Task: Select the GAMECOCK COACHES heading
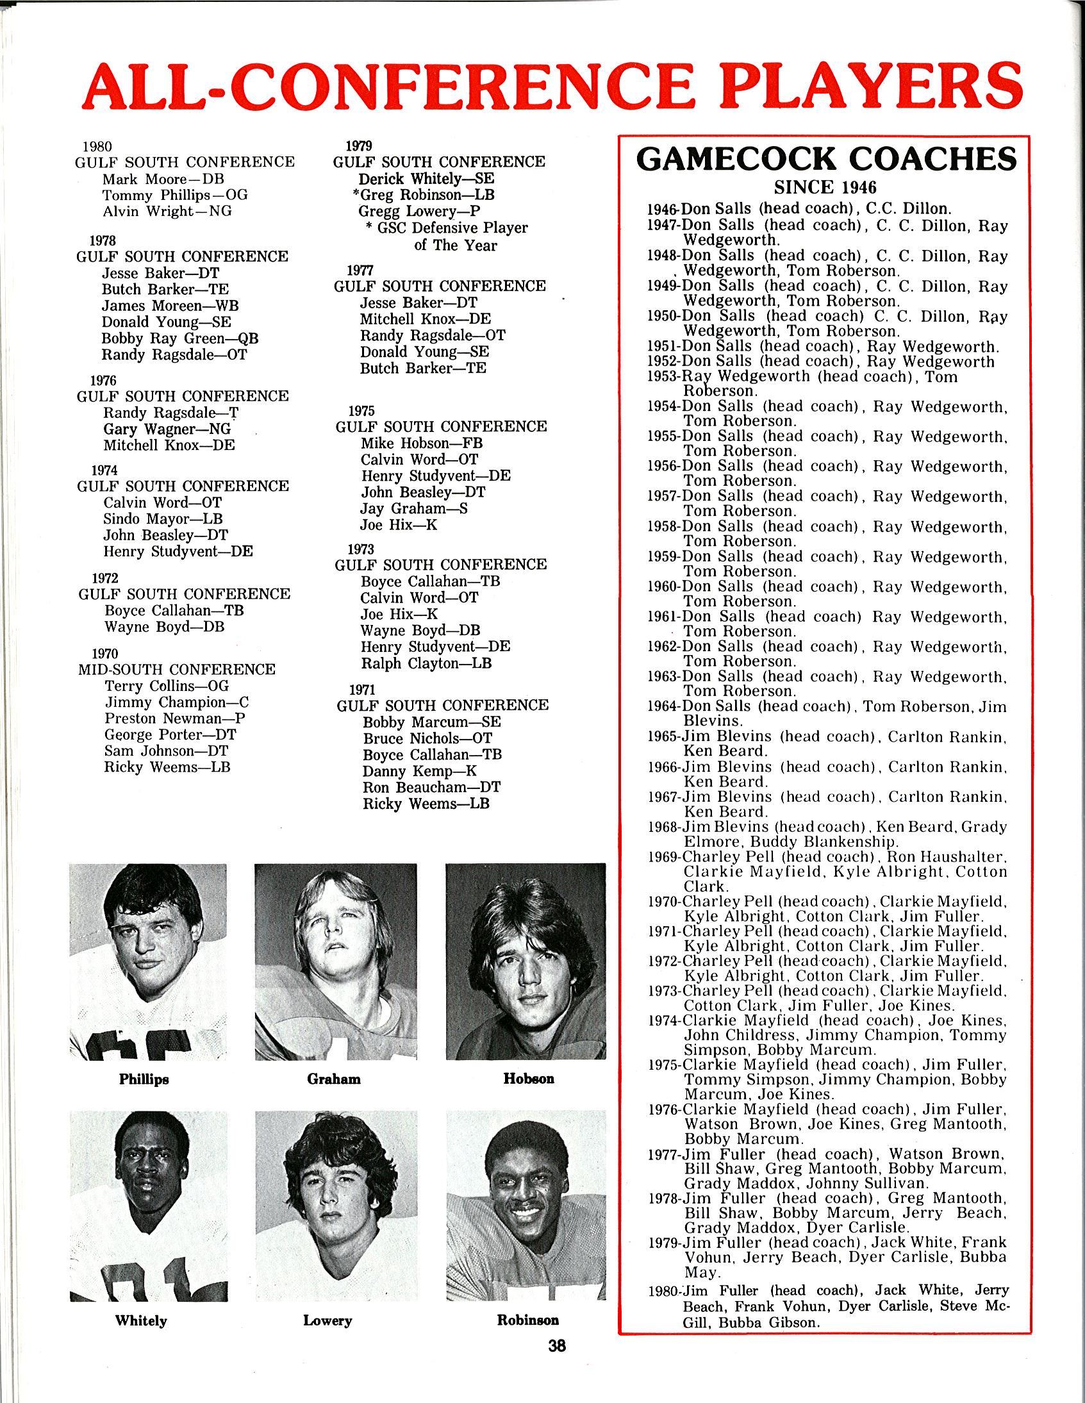[x=826, y=160]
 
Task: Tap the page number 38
[x=557, y=1345]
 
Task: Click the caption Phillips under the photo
[x=144, y=1079]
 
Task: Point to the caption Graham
[x=333, y=1079]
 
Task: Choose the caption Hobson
[x=529, y=1079]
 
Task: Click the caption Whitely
[x=141, y=1320]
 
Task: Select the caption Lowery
[x=327, y=1320]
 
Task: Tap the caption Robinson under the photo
[x=528, y=1320]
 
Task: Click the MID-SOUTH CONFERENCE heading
[x=177, y=669]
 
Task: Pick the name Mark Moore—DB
[x=163, y=179]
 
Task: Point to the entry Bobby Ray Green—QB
[x=180, y=338]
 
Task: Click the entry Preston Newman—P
[x=175, y=718]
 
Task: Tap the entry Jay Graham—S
[x=414, y=509]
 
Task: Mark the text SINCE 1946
[x=825, y=188]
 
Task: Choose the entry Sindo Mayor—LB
[x=163, y=519]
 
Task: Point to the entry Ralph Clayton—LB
[x=426, y=663]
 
